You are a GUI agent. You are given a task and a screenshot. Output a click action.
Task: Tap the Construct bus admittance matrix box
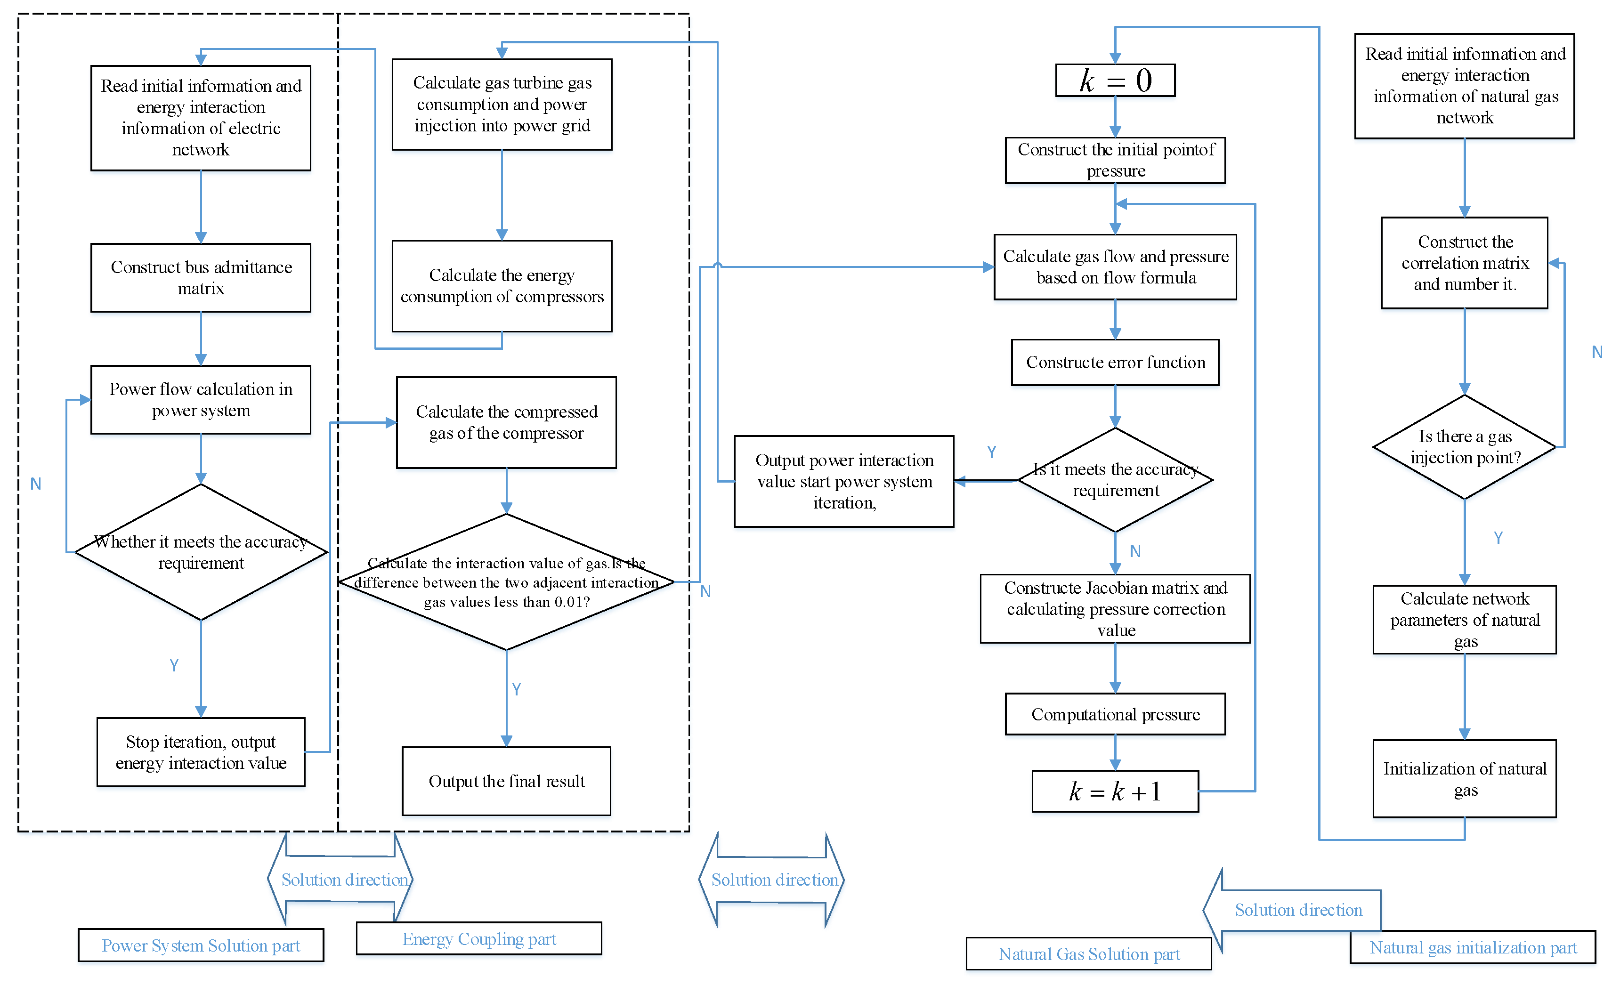click(x=201, y=277)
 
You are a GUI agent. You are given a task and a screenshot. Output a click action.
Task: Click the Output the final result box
click(x=506, y=781)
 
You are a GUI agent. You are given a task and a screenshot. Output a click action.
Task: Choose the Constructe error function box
click(x=1115, y=362)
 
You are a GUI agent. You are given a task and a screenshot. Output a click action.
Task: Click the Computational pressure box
click(x=1115, y=714)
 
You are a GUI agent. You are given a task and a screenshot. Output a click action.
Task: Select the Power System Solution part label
click(x=201, y=945)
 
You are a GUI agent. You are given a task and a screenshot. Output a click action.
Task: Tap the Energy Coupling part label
click(x=478, y=938)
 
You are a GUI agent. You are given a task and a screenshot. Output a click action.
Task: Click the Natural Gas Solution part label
click(x=1088, y=953)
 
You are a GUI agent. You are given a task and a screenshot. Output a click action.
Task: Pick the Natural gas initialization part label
click(x=1472, y=947)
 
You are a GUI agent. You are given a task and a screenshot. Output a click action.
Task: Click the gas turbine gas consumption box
click(x=502, y=104)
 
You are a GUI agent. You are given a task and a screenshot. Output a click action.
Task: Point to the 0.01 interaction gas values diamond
click(x=506, y=582)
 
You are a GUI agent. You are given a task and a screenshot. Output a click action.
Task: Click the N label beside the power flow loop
click(x=35, y=484)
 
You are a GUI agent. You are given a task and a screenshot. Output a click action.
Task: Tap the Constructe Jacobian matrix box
click(x=1115, y=608)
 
